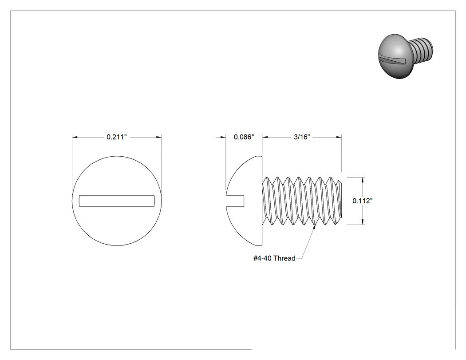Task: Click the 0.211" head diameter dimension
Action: pos(116,137)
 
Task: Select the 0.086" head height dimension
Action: pos(244,137)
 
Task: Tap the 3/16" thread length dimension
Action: pos(302,137)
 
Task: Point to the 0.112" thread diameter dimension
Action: pos(363,201)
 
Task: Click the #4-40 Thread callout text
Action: pos(274,258)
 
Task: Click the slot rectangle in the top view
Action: pos(117,201)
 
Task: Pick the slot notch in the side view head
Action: pos(235,201)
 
